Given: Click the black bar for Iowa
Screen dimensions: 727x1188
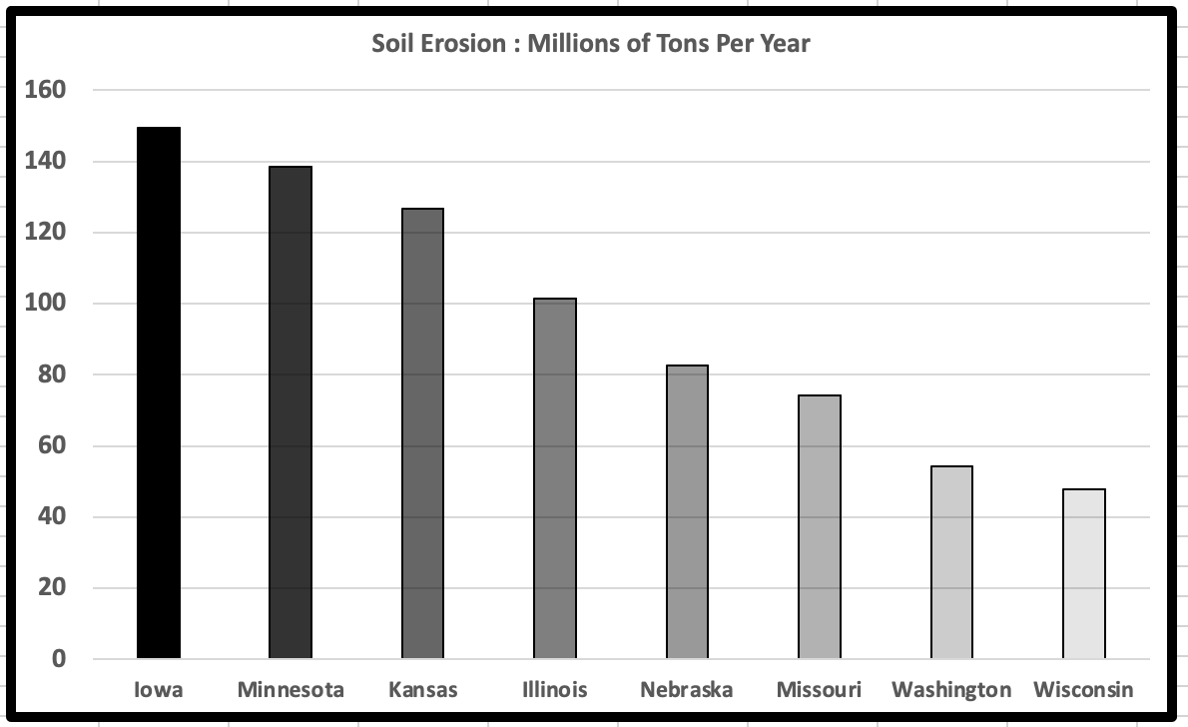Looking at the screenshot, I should click(x=159, y=392).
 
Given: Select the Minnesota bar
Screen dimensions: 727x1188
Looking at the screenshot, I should click(x=291, y=412).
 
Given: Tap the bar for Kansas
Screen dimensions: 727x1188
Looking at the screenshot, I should click(x=422, y=433).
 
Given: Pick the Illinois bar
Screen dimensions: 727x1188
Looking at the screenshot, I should click(x=555, y=478).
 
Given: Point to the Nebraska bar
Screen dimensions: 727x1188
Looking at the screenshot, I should click(x=687, y=511).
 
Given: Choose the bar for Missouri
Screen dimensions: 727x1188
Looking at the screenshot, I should click(x=820, y=526).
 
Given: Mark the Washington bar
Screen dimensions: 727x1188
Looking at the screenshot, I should click(x=951, y=562).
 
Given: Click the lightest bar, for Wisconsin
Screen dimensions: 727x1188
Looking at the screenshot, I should click(x=1084, y=573).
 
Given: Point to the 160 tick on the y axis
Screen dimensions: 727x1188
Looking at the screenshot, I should click(x=44, y=90).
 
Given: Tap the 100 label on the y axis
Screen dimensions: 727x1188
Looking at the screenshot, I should click(x=44, y=304).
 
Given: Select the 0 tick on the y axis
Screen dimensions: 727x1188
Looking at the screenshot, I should click(x=58, y=659).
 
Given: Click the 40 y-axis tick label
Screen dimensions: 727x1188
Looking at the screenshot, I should click(x=50, y=517).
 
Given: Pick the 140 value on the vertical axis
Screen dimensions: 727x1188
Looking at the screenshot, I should click(x=44, y=161).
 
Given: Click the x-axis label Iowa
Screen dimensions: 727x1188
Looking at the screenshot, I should click(x=159, y=690).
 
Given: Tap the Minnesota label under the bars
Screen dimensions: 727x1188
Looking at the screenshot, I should click(x=291, y=690).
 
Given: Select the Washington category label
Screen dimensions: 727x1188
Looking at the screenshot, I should click(x=951, y=690).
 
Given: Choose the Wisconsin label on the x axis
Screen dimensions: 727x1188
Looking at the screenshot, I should click(x=1084, y=690).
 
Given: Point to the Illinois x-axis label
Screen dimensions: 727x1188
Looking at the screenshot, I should click(x=555, y=690).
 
